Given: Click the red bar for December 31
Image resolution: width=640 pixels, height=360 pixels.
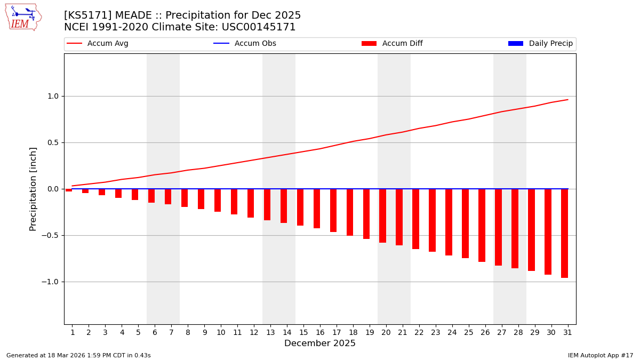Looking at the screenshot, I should coord(564,233).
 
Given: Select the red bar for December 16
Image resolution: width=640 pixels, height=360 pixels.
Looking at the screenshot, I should coord(317,209).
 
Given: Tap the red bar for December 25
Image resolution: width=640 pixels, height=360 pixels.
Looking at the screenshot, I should coord(466,223).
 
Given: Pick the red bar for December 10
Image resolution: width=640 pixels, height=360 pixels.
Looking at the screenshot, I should coord(218,200).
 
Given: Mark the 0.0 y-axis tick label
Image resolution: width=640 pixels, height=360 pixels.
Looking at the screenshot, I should coord(53,189).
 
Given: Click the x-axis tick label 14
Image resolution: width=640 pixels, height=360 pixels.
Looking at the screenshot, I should coord(287,332).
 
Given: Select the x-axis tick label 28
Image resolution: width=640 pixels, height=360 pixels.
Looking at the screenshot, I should coord(518,332).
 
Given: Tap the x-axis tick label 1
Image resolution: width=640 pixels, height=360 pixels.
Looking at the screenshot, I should coord(73,332).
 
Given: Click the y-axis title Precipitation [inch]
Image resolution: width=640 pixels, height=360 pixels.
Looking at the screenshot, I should coord(33,189).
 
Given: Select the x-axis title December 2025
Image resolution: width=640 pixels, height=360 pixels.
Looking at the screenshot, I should coord(320,343).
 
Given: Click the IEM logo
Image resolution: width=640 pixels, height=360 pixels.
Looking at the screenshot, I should coord(23,17).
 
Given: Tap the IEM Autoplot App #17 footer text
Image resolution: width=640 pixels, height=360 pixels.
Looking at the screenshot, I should coord(601,355).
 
